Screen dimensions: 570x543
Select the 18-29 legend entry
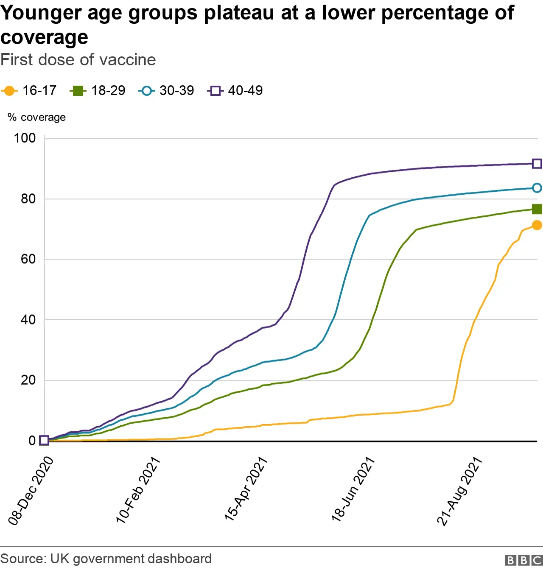98,91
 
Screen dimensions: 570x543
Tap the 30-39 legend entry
166,91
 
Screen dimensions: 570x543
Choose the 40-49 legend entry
235,91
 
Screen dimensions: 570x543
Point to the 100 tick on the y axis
25,138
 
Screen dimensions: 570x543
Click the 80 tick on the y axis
28,199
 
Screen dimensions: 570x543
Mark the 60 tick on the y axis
28,259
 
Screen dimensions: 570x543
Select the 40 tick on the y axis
28,320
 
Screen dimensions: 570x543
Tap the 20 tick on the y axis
28,380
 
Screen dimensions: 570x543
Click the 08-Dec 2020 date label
31,491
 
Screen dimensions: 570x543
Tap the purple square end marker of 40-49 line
537,164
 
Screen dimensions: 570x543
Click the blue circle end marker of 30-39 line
537,188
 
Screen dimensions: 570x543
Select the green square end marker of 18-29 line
537,209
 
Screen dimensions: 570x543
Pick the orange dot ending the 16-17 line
537,225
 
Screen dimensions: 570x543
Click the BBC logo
523,560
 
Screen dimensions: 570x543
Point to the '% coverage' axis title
37,117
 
